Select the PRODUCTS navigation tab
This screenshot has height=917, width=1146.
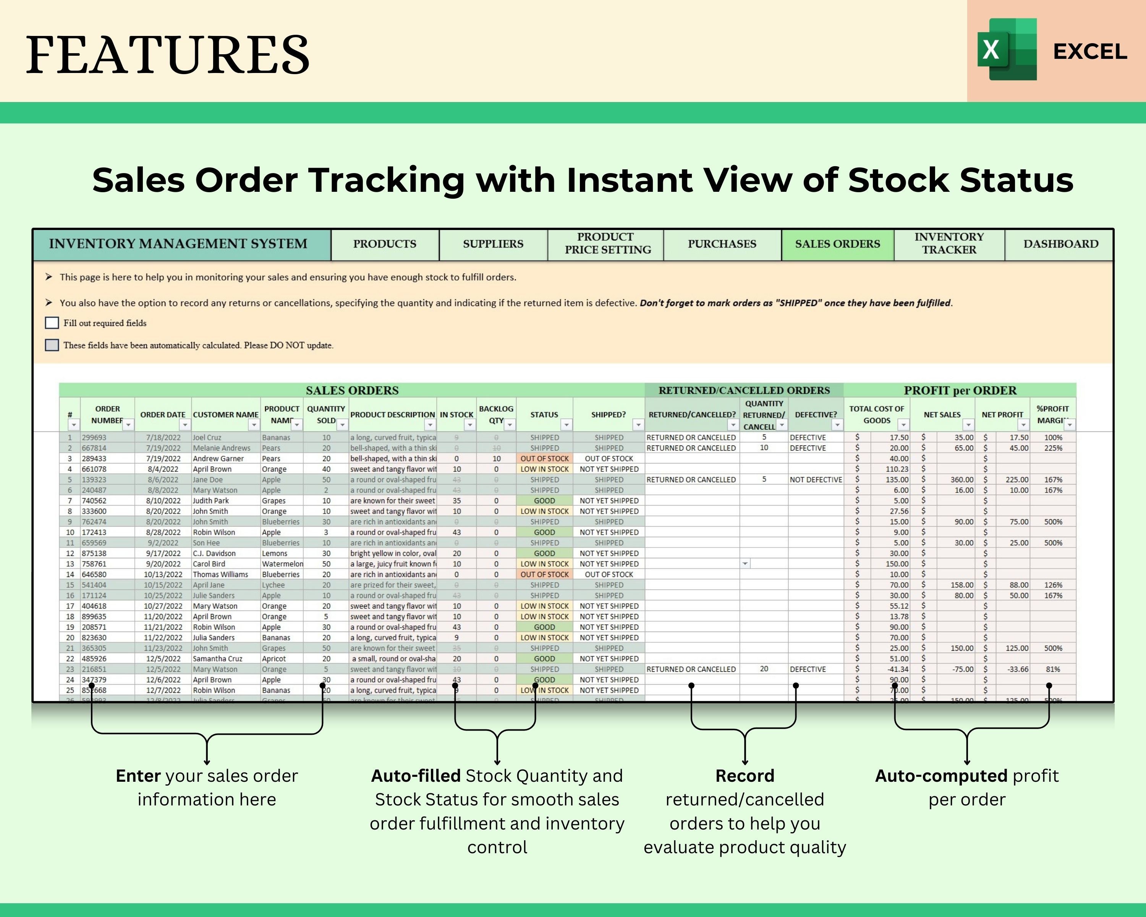[x=385, y=244]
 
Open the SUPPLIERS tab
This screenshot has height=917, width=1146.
[x=493, y=244]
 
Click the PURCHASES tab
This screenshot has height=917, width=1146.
[x=722, y=244]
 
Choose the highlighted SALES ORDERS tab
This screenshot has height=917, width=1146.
[x=837, y=244]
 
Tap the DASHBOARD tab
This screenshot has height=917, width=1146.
[x=1060, y=244]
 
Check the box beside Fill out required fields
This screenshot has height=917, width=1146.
[x=52, y=323]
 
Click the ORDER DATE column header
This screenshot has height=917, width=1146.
[x=163, y=415]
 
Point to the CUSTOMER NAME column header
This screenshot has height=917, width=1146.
[x=225, y=415]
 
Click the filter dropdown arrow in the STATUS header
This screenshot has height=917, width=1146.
[x=567, y=425]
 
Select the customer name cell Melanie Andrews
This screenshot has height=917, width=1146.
[x=221, y=448]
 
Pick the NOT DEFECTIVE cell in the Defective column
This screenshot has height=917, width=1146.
[x=816, y=480]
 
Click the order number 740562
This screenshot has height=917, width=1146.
[x=94, y=501]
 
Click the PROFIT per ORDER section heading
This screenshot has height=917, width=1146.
[x=960, y=390]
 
